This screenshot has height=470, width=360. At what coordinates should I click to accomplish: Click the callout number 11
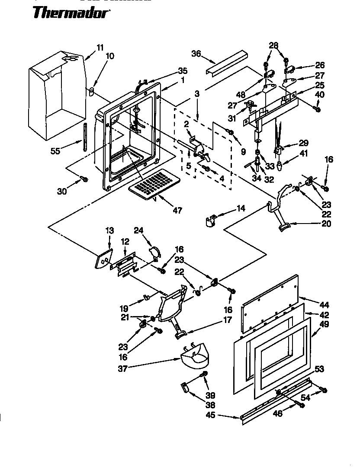[x=100, y=48]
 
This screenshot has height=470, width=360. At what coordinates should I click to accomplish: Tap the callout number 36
[x=196, y=53]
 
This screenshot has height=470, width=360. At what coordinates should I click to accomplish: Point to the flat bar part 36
[x=227, y=63]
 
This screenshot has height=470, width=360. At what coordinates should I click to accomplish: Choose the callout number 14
[x=241, y=208]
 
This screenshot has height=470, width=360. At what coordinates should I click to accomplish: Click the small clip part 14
[x=210, y=221]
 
